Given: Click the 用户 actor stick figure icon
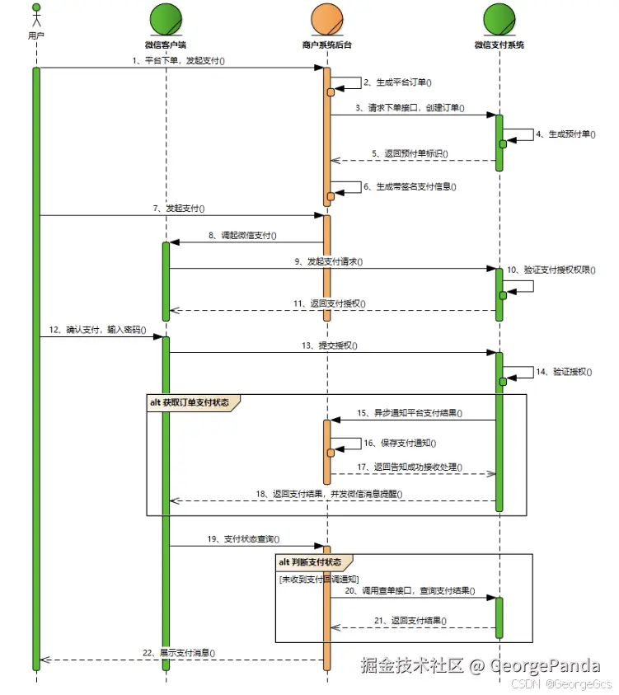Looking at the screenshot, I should pos(35,16).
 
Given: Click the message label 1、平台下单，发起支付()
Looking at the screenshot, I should pos(179,60).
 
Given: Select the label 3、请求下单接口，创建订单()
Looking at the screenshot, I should pos(410,108).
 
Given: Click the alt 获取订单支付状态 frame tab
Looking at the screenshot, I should pos(190,402).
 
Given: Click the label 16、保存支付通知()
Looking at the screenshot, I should pos(400,443).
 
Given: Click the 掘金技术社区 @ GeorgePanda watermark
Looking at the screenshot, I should pos(481,665).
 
